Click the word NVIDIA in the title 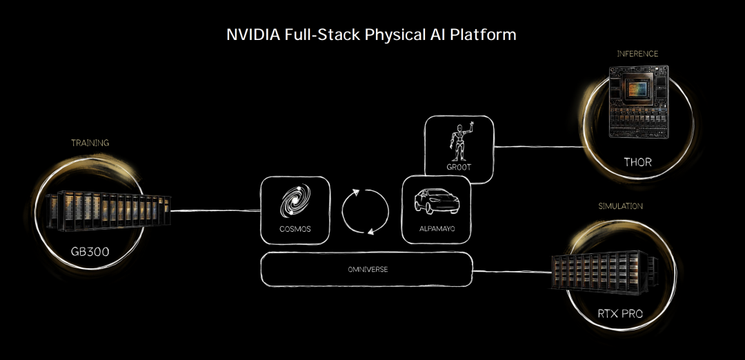pyautogui.click(x=252, y=34)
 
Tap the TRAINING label pyautogui.click(x=90, y=143)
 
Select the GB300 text pyautogui.click(x=90, y=252)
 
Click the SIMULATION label pyautogui.click(x=620, y=206)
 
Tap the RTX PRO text pyautogui.click(x=619, y=314)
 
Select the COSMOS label pyautogui.click(x=295, y=229)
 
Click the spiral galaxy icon pyautogui.click(x=295, y=203)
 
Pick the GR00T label pyautogui.click(x=458, y=168)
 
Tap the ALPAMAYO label pyautogui.click(x=435, y=229)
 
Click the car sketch pyautogui.click(x=435, y=201)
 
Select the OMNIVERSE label pyautogui.click(x=368, y=269)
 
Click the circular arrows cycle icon pyautogui.click(x=366, y=211)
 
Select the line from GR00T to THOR pyautogui.click(x=538, y=146)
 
